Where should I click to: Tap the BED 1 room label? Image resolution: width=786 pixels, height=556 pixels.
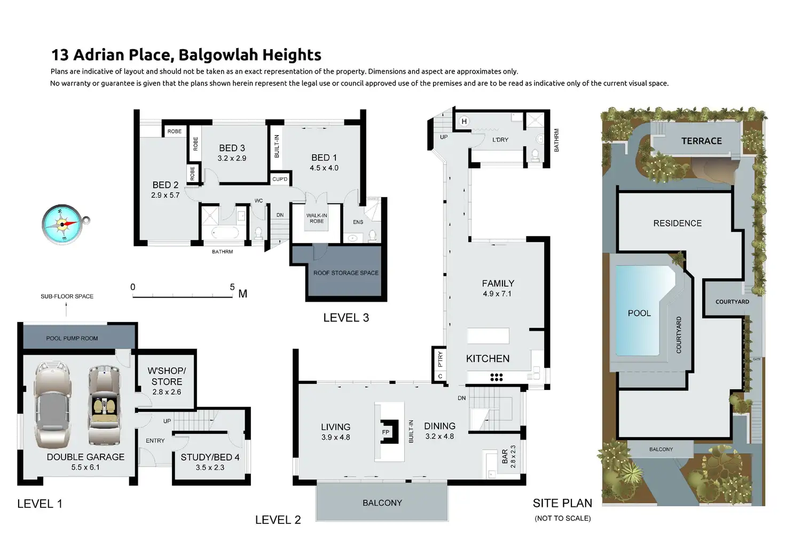coord(324,158)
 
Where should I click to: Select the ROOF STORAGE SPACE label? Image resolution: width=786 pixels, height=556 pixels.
coord(345,273)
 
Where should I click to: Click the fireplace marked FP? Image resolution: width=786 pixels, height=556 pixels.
coord(386,432)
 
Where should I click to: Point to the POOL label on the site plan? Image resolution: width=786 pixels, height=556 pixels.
coord(639,314)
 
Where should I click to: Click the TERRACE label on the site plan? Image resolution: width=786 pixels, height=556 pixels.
coord(701,141)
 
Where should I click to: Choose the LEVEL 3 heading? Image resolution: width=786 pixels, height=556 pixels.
coord(346,318)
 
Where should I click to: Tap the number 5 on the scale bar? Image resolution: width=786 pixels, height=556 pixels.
coord(232,287)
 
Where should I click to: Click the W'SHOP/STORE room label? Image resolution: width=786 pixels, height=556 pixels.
coord(167,376)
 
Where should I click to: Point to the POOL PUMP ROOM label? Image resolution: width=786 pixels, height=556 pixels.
coord(72,338)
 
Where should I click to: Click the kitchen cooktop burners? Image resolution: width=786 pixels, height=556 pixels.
coord(497,377)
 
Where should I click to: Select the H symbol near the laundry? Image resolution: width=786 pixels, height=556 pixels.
coord(464,122)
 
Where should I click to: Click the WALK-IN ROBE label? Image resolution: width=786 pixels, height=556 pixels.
coord(317,218)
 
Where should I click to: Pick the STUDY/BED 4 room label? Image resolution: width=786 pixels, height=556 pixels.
coord(210,458)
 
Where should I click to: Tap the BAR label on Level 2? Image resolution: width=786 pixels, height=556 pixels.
coord(505,456)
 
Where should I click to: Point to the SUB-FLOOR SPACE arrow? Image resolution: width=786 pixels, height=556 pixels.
coord(66,309)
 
